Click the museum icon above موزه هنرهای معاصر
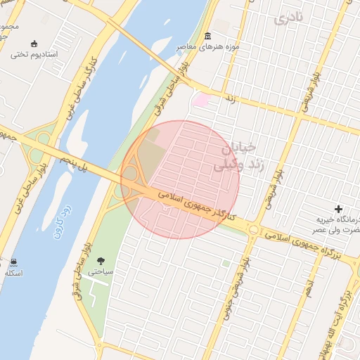[x=207, y=36]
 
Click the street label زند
[x=229, y=101]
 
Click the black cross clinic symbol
[x=339, y=210]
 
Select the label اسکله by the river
[x=14, y=272]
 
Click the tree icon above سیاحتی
[x=100, y=261]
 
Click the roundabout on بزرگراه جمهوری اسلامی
[x=253, y=230]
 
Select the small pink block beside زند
[x=200, y=101]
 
